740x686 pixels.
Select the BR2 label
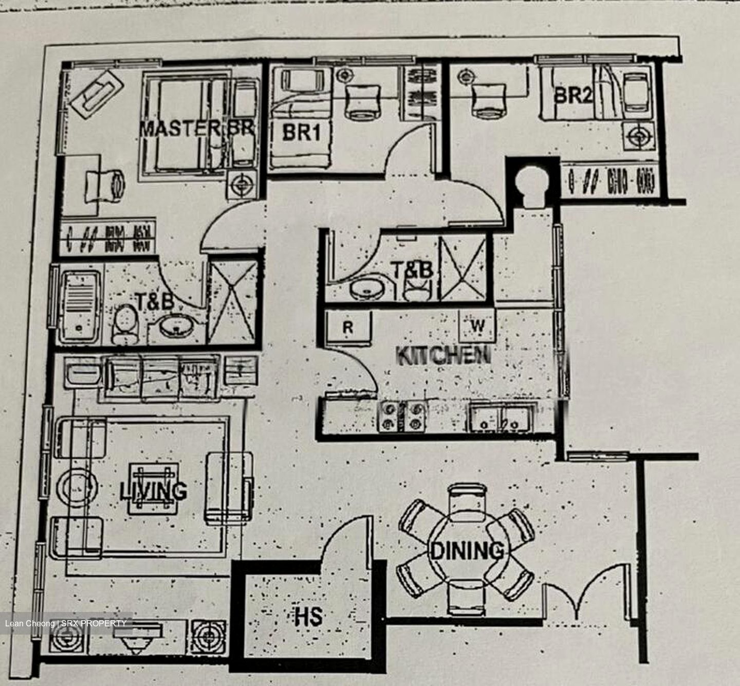click(573, 96)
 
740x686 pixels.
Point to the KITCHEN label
click(443, 355)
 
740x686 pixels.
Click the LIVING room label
click(153, 491)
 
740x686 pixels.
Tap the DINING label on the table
click(467, 551)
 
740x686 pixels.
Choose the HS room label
click(308, 616)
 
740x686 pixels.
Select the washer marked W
click(477, 325)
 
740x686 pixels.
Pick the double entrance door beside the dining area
click(586, 591)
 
